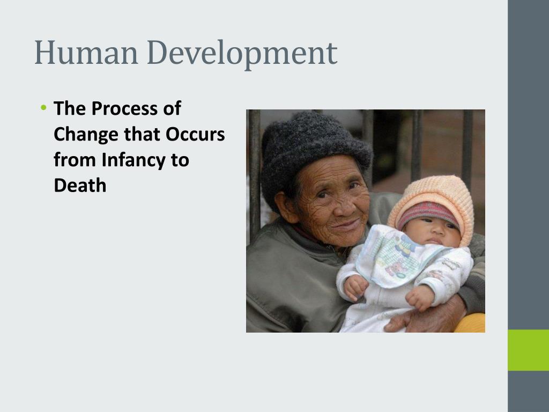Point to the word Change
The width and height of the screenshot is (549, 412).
click(86, 135)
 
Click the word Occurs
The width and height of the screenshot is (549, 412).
click(195, 135)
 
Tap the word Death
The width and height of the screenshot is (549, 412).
click(80, 186)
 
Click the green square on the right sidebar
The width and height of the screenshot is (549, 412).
click(528, 350)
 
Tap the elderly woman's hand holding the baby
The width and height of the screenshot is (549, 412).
click(424, 317)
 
